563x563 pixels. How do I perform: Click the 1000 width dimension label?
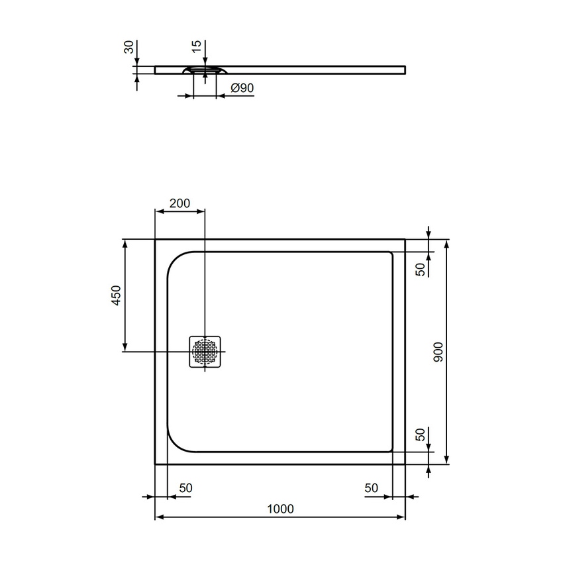click(x=280, y=509)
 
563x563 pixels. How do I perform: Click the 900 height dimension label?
click(x=438, y=351)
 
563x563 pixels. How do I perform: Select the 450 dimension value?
click(x=115, y=295)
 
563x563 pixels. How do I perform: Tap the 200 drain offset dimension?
click(x=179, y=203)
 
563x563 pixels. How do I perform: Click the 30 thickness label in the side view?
click(x=129, y=48)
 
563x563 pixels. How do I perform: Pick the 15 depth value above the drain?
click(x=196, y=48)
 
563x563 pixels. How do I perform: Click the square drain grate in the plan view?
click(x=205, y=352)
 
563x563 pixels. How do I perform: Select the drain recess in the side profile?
click(x=205, y=70)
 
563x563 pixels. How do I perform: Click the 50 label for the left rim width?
click(x=185, y=487)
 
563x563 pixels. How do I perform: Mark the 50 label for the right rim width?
click(x=371, y=487)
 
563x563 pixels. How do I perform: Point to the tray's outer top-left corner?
click(x=155, y=239)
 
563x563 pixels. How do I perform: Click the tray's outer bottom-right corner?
click(x=405, y=464)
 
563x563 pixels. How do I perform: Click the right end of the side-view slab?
click(x=404, y=70)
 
